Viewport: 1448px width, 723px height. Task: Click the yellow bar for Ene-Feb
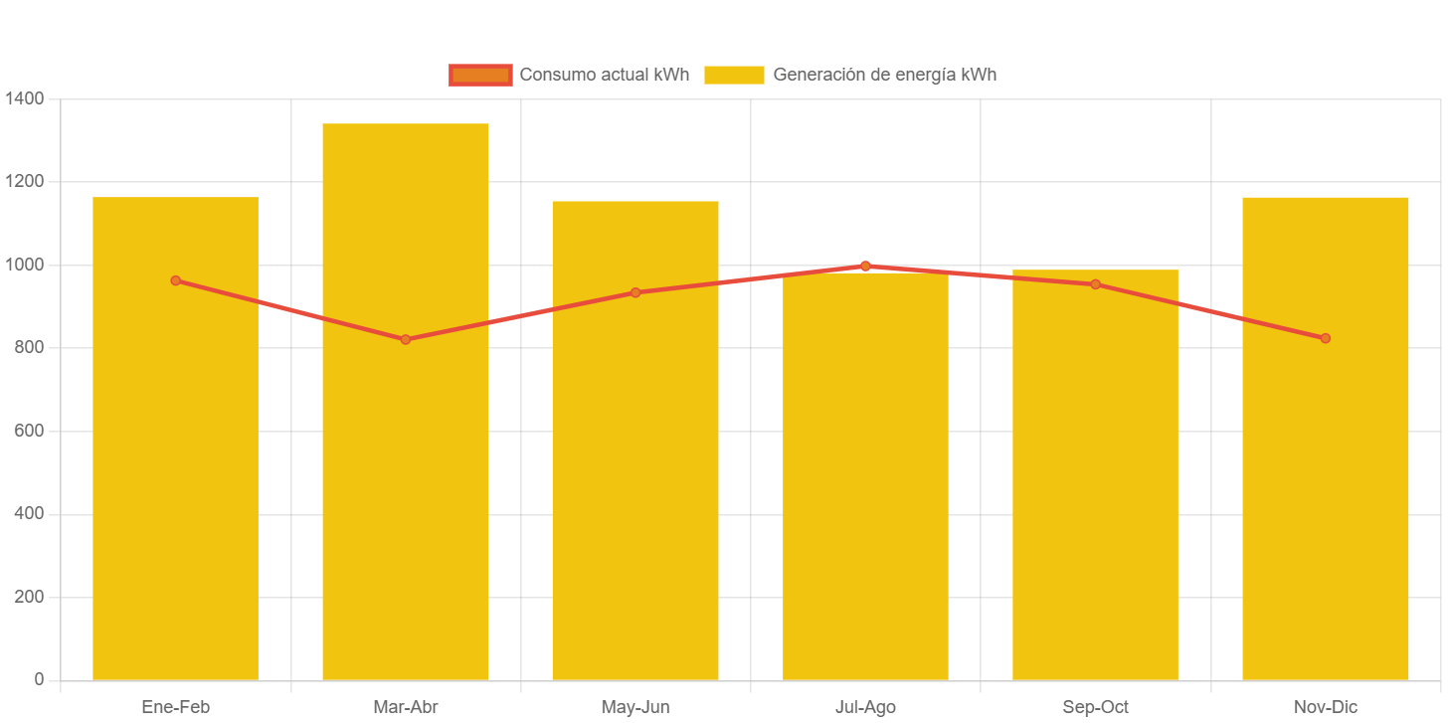[175, 477]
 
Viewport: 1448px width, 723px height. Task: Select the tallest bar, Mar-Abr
[406, 497]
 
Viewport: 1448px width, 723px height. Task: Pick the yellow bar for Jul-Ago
[865, 497]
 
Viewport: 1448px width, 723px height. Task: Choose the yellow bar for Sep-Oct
[1095, 497]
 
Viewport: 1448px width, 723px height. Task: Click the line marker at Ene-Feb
[175, 280]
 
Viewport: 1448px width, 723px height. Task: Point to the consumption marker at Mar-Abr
[406, 340]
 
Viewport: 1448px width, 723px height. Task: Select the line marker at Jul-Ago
[865, 266]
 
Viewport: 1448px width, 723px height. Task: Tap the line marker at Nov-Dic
[1325, 338]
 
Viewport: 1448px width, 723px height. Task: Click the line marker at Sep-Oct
[1095, 284]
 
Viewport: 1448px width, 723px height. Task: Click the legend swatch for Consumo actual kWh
[480, 75]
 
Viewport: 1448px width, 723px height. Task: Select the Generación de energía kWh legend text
[884, 75]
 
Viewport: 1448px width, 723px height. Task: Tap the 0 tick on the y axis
[39, 679]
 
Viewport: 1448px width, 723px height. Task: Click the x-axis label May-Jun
[635, 707]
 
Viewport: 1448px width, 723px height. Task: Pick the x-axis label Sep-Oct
[1095, 707]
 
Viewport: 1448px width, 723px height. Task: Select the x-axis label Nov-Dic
[1325, 707]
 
